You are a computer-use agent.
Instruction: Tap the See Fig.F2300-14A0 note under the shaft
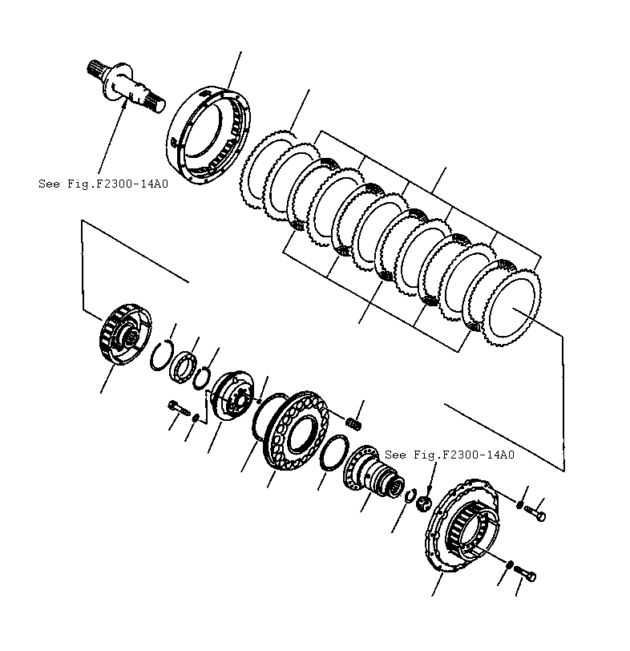103,184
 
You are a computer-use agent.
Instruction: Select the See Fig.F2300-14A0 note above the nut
449,455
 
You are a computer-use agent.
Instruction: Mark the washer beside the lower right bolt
507,565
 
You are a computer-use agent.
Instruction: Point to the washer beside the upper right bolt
521,504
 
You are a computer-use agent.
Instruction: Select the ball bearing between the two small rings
184,365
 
